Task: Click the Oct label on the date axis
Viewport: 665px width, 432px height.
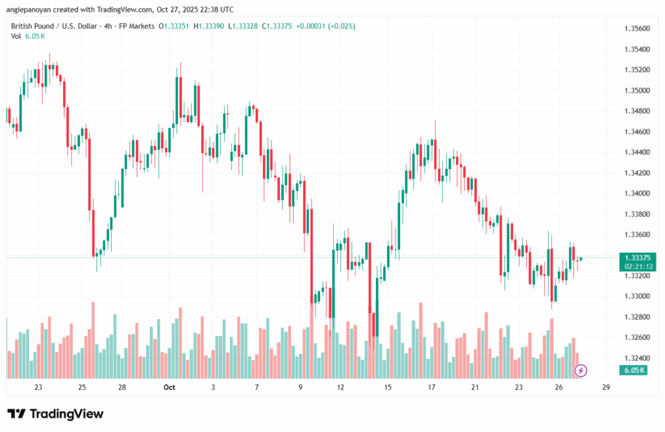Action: [x=169, y=387]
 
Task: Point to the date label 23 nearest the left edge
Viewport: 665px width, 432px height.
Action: [x=38, y=387]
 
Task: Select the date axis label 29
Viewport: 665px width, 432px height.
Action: [x=605, y=387]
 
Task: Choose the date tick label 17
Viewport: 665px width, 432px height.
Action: [x=431, y=387]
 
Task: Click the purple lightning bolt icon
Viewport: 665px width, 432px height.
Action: [x=581, y=370]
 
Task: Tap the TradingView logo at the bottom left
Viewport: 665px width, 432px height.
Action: [x=55, y=414]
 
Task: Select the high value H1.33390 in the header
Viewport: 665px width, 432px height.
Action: [x=218, y=26]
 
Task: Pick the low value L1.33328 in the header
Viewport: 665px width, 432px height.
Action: [x=257, y=26]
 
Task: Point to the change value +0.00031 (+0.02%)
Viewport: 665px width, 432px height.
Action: [x=325, y=26]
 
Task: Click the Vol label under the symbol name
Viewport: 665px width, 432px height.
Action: [x=16, y=36]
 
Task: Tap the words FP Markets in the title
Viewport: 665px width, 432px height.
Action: [x=136, y=26]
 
